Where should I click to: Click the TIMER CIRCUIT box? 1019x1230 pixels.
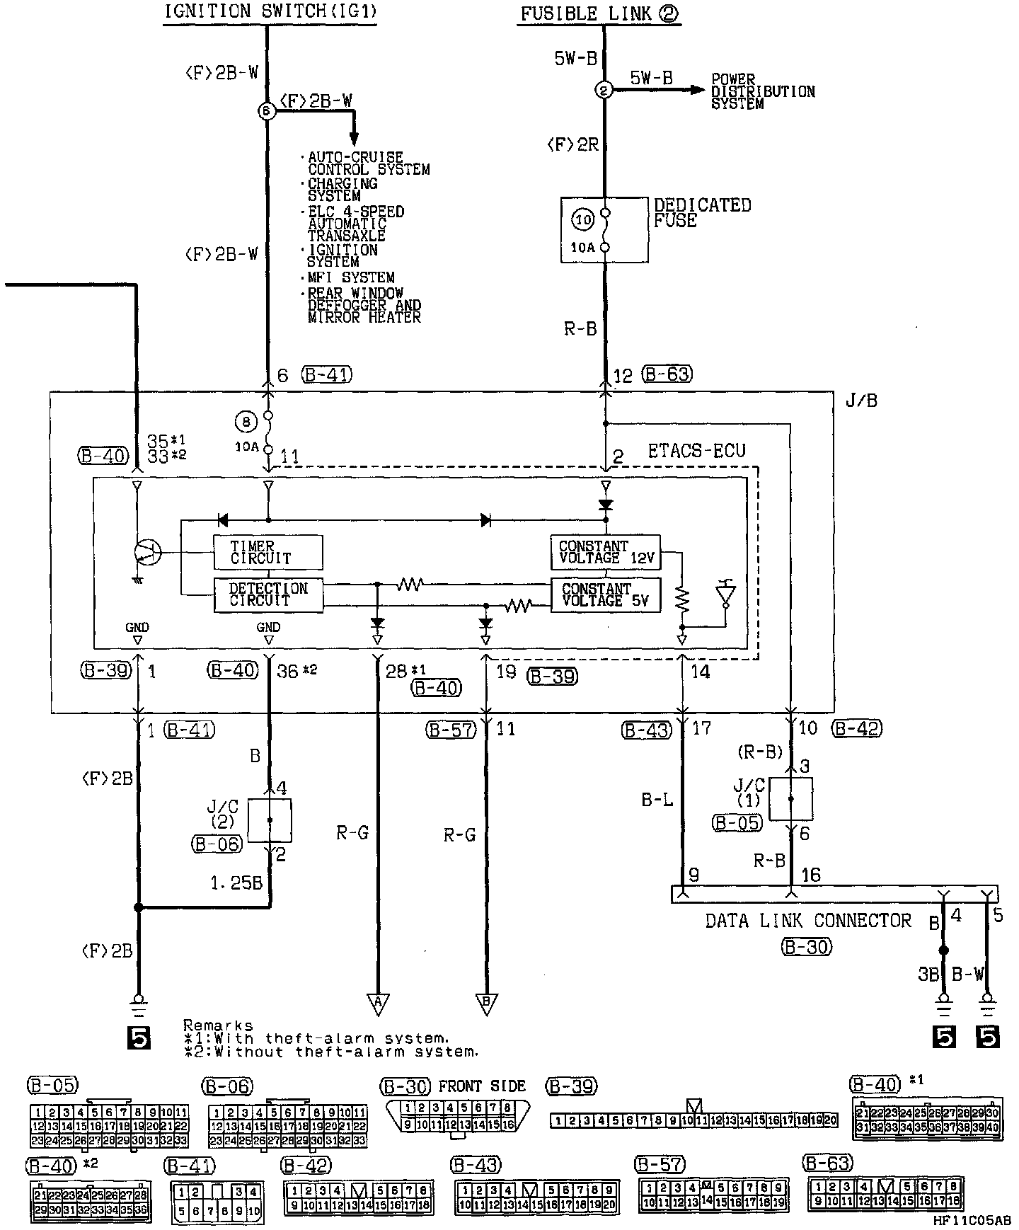[x=267, y=552]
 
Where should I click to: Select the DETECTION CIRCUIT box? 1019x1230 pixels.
[x=268, y=594]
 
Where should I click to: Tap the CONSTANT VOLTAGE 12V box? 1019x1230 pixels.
[x=605, y=552]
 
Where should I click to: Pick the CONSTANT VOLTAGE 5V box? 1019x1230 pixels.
[x=605, y=594]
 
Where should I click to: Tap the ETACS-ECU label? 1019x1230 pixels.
[x=696, y=451]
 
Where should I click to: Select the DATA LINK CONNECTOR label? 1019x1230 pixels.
[x=808, y=920]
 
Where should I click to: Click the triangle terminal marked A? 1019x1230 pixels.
[x=378, y=1003]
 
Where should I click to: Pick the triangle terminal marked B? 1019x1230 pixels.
[x=486, y=1003]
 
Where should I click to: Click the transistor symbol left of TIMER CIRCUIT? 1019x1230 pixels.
[x=147, y=552]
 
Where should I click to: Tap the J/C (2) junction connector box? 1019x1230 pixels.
[x=270, y=820]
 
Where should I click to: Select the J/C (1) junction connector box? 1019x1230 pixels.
[x=790, y=799]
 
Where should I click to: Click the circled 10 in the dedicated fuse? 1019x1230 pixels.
[x=583, y=220]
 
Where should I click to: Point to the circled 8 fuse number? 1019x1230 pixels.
[x=246, y=423]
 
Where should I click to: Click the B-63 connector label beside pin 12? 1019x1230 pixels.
[x=667, y=374]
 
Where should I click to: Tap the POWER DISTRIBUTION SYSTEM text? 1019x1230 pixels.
[x=762, y=91]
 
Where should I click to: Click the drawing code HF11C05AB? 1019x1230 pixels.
[x=972, y=1220]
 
